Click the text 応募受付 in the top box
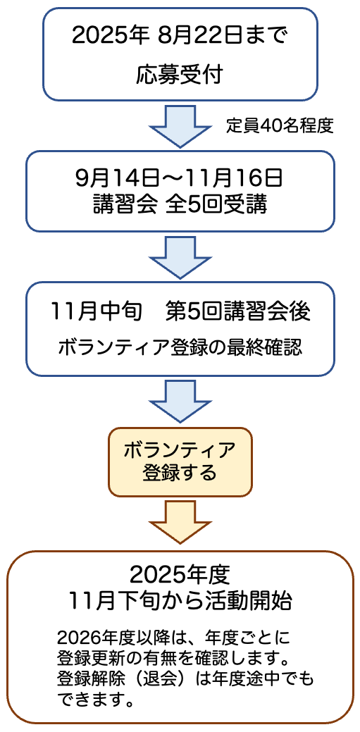pos(180,75)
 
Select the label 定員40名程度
pos(280,126)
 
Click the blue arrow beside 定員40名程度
pos(180,126)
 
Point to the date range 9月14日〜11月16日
pos(180,178)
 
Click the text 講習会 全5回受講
pos(180,205)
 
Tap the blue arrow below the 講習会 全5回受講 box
pos(180,256)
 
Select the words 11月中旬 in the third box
pos(99,312)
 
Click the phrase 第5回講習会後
pos(237,312)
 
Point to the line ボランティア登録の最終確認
pos(180,347)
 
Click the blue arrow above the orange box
pos(180,402)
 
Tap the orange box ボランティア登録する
pos(180,461)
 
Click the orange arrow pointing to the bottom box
pos(180,521)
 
